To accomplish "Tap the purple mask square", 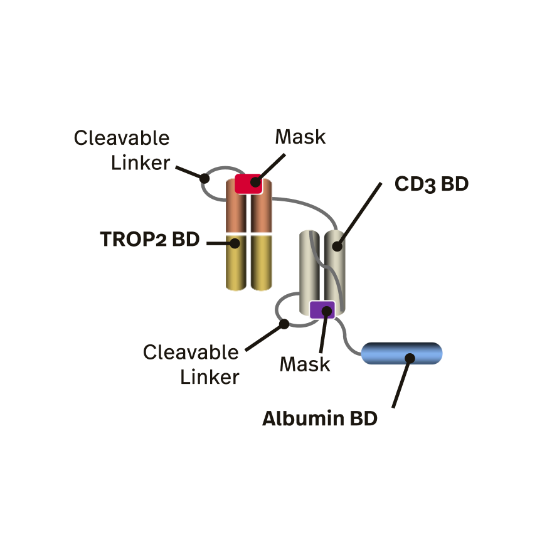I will tap(322, 309).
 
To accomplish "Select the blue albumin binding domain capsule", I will tap(389, 354).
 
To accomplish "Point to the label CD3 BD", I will tap(432, 184).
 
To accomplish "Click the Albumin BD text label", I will tap(320, 418).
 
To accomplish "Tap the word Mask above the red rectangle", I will tap(300, 137).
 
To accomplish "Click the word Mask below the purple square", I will tap(305, 364).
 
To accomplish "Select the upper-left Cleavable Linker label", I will tap(122, 150).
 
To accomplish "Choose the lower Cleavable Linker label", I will tap(191, 364).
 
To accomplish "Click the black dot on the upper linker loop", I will tap(204, 178).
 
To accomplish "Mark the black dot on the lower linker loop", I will tap(284, 324).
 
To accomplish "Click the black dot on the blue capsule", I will tap(410, 358).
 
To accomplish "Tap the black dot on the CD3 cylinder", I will tap(337, 246).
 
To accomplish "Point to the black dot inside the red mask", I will tap(255, 183).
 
